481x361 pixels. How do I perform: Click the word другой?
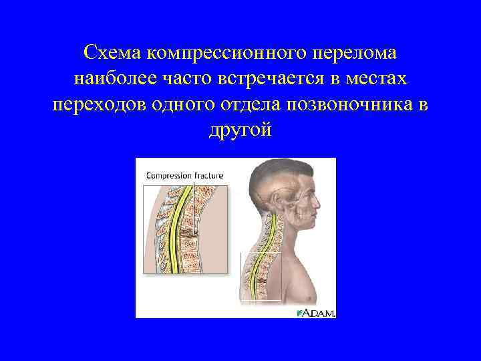(240, 131)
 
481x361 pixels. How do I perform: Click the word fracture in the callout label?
(208, 175)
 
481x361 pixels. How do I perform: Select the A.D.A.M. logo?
(317, 312)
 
